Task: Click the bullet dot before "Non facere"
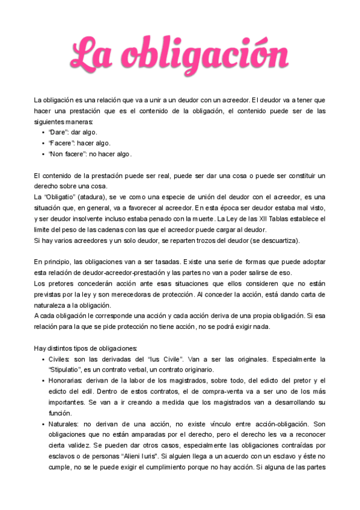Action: click(43, 154)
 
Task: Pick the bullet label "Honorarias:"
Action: click(67, 381)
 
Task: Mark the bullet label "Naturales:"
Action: click(65, 424)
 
